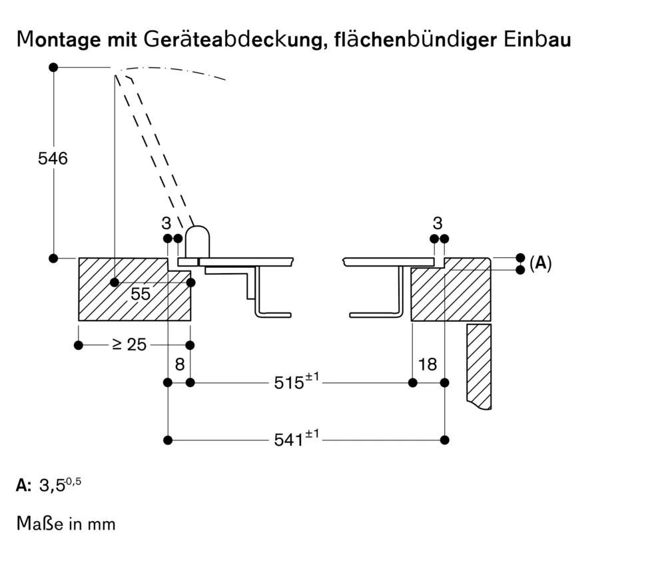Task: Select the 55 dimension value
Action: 141,294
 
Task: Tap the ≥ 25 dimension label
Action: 129,344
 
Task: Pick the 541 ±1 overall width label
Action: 297,439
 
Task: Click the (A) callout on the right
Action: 540,263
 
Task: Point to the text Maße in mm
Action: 66,524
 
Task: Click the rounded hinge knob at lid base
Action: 197,241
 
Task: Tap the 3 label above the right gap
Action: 438,223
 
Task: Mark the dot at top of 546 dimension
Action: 53,67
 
